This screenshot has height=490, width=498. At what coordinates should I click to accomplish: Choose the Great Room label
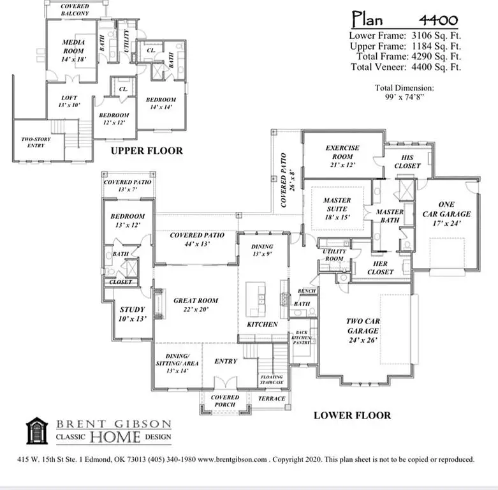pos(196,304)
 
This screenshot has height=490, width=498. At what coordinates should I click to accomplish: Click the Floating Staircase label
pos(272,381)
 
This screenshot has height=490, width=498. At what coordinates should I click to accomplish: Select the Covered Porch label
pos(225,401)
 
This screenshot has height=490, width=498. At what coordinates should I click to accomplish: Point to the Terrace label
pos(272,399)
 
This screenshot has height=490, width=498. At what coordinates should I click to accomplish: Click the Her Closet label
pos(381,268)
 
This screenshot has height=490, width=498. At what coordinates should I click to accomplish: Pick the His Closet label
pos(408,161)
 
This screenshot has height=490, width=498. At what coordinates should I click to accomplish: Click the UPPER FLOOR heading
pos(147,151)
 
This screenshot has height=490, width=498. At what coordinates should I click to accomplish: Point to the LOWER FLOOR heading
pos(352,416)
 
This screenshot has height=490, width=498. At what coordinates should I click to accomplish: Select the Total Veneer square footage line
pos(405,67)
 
